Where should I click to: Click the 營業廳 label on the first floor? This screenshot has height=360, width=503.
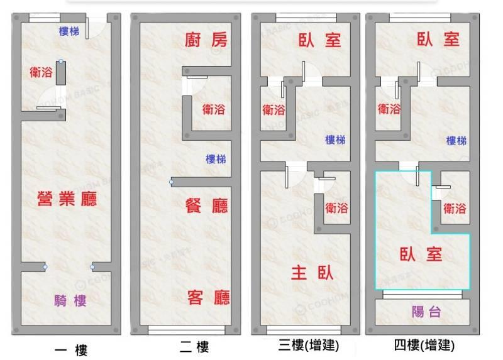pos(67,199)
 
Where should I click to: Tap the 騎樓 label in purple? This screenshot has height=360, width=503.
pos(70,301)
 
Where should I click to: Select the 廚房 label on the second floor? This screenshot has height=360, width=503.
pos(206,40)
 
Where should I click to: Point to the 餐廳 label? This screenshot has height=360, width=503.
pos(207,206)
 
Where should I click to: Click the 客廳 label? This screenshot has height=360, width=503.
pos(209,298)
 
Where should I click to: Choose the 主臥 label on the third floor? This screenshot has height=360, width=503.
pos(312,273)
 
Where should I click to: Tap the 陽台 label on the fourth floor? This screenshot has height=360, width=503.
pos(426,312)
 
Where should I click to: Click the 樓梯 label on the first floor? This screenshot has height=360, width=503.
pos(69,31)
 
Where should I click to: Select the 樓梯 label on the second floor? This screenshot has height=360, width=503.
pos(216,159)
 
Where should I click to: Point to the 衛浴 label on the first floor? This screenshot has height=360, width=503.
pos(41,72)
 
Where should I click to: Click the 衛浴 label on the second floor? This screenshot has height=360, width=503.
pos(214,110)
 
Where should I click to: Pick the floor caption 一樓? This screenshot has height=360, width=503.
pos(71,350)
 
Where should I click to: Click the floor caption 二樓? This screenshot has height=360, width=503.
pos(194,347)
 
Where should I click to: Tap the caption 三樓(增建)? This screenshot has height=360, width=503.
pos(308,346)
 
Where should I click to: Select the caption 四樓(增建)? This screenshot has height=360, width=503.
pos(424,346)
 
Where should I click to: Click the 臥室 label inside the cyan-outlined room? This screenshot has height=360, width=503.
pos(421,254)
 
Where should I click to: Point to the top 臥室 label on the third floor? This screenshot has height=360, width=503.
pos(319,40)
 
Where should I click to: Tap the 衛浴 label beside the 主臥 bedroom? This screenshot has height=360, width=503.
pos(336,209)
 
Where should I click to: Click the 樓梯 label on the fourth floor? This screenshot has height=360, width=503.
pos(456,140)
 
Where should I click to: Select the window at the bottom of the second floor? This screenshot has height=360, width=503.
pos(187,330)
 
